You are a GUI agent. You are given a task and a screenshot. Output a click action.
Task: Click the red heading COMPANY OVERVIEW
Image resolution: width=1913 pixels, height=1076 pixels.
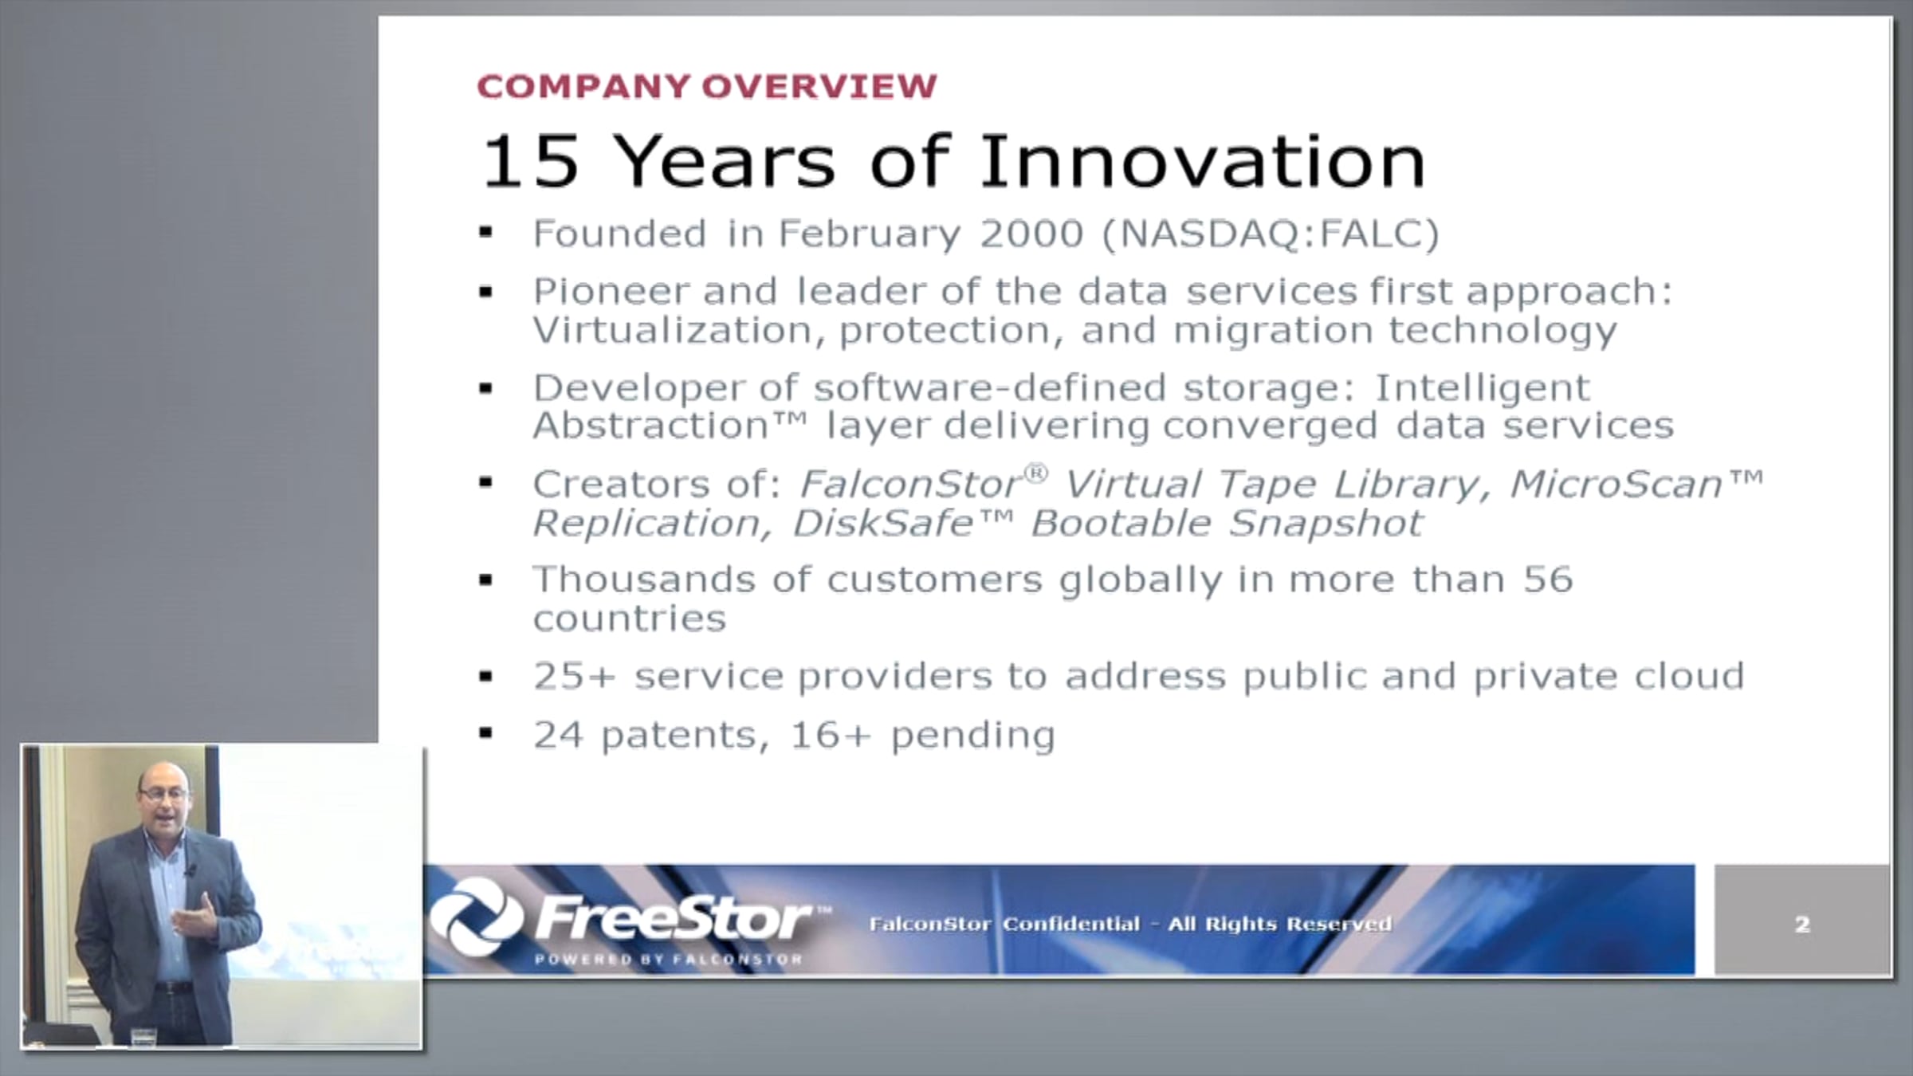pyautogui.click(x=707, y=86)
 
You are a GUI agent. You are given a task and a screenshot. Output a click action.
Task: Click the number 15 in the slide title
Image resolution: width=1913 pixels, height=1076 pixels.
pyautogui.click(x=530, y=162)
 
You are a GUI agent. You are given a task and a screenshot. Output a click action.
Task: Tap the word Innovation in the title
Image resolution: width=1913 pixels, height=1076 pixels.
pyautogui.click(x=1203, y=162)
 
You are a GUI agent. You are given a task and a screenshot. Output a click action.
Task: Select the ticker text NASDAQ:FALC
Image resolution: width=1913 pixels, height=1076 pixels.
pyautogui.click(x=1271, y=234)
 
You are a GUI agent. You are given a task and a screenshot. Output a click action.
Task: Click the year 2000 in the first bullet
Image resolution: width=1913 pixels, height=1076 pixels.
pyautogui.click(x=1031, y=234)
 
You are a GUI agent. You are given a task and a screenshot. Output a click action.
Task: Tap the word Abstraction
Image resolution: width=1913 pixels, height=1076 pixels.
pyautogui.click(x=650, y=426)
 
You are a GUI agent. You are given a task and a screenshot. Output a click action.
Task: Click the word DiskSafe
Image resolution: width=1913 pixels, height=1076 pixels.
pyautogui.click(x=883, y=524)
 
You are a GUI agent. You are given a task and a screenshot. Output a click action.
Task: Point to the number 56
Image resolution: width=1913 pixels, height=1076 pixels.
pyautogui.click(x=1548, y=579)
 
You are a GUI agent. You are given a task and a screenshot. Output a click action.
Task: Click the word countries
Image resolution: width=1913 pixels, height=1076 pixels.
pyautogui.click(x=630, y=619)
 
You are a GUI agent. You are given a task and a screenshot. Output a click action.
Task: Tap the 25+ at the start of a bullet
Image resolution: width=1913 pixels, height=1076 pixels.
pyautogui.click(x=575, y=676)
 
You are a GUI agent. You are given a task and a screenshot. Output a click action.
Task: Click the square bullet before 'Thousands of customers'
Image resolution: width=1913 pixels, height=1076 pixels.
pyautogui.click(x=486, y=579)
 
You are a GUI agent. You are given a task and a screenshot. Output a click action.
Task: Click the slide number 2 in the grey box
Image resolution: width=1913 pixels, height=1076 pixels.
pyautogui.click(x=1802, y=925)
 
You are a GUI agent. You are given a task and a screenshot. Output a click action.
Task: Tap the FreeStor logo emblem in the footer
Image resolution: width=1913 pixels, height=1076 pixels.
pyautogui.click(x=477, y=917)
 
